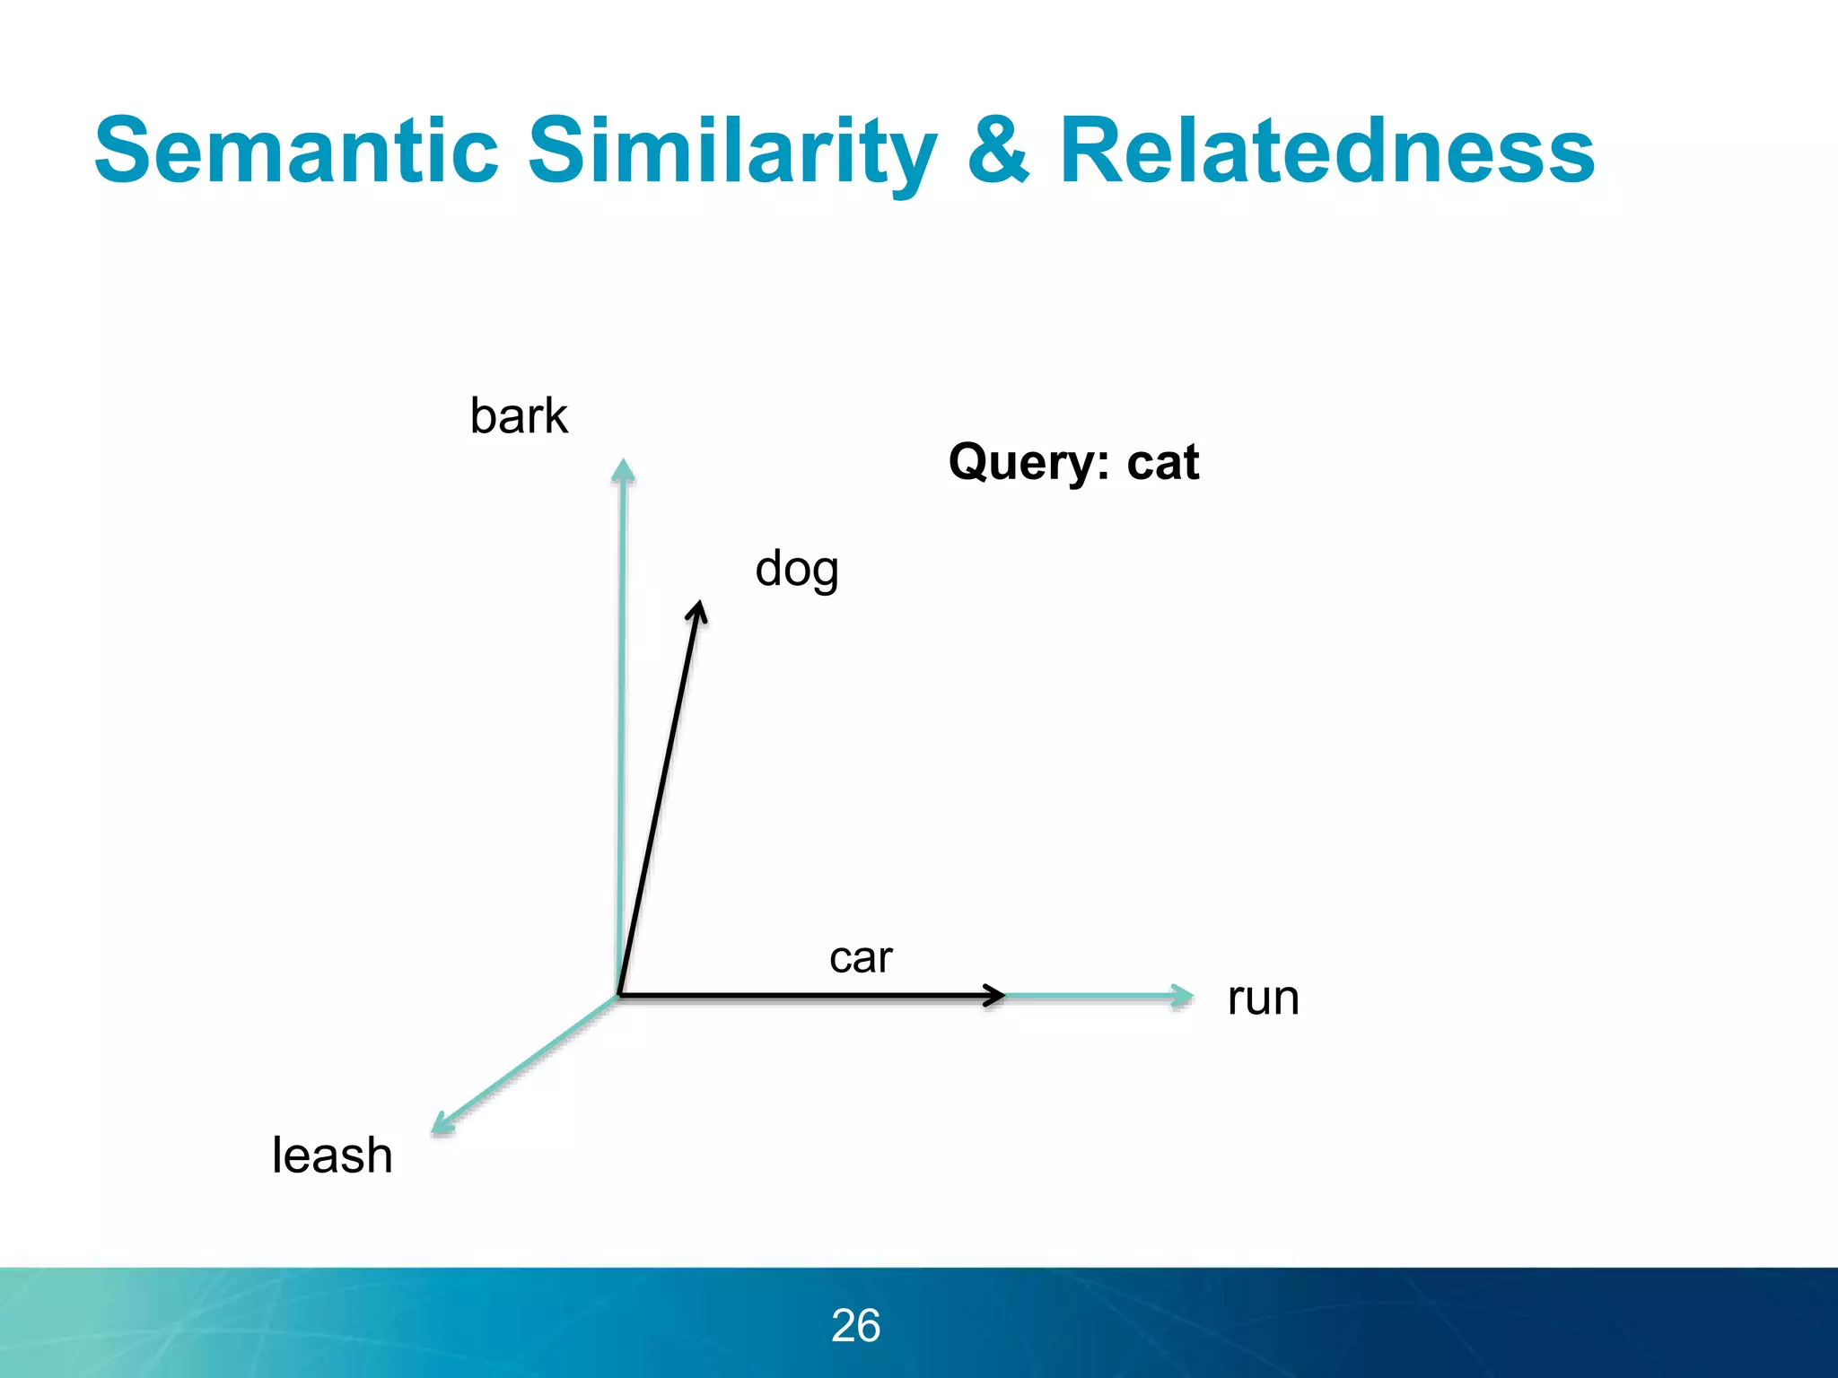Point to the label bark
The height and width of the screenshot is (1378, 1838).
[x=519, y=416]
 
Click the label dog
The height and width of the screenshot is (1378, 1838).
[x=797, y=570]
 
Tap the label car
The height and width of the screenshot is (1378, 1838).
[x=861, y=958]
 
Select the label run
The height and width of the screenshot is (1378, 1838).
[x=1263, y=998]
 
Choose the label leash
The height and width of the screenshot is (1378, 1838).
[x=332, y=1156]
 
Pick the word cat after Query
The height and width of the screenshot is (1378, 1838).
[x=1163, y=463]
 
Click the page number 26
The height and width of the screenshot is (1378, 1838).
[x=855, y=1325]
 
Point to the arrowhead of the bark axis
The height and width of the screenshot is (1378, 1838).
[x=623, y=470]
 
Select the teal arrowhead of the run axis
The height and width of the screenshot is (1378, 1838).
[x=1184, y=996]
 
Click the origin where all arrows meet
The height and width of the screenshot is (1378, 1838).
[x=619, y=995]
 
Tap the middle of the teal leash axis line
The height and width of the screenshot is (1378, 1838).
[x=527, y=1061]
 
